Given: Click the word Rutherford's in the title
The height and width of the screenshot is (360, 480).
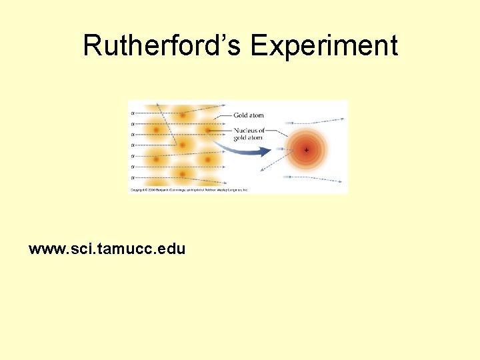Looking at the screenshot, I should click(x=163, y=45).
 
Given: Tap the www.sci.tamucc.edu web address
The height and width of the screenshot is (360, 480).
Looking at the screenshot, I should click(x=107, y=249).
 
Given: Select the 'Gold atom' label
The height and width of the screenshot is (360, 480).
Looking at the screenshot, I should click(x=248, y=115).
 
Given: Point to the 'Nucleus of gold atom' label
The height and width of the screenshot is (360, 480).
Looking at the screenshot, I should click(x=249, y=134).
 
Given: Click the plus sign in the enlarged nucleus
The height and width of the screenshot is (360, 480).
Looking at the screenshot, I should click(x=306, y=150).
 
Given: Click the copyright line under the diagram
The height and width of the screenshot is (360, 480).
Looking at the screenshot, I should click(x=189, y=190).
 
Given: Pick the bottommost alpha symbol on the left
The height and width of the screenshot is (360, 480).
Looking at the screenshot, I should click(x=132, y=177).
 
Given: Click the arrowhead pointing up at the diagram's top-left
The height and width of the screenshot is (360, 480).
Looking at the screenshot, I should click(x=157, y=105).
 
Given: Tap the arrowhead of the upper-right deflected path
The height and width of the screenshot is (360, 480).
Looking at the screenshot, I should click(x=343, y=119).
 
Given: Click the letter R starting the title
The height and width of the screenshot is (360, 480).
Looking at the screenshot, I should click(x=93, y=45).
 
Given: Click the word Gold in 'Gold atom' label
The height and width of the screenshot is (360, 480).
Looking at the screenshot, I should click(x=241, y=115).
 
